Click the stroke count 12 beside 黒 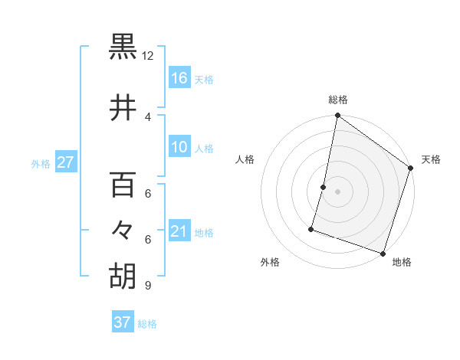[148, 56]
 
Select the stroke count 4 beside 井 [148, 117]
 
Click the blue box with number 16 [179, 78]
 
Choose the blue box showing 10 [179, 148]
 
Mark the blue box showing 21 [179, 232]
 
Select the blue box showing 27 [66, 162]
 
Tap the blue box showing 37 [123, 322]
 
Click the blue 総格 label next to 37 [147, 323]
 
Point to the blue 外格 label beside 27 [41, 163]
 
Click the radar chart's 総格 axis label [338, 100]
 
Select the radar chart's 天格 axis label [431, 159]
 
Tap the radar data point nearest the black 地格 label [383, 253]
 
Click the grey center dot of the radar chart [337, 191]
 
